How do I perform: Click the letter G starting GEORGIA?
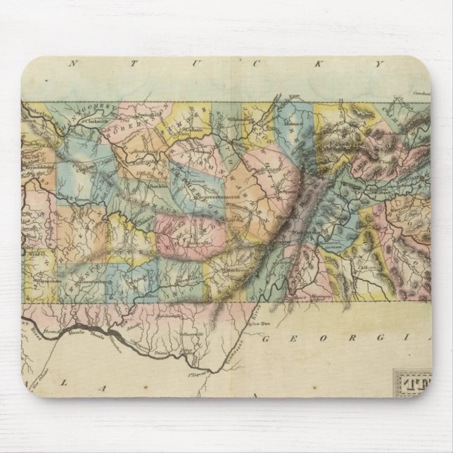(x=267, y=339)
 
